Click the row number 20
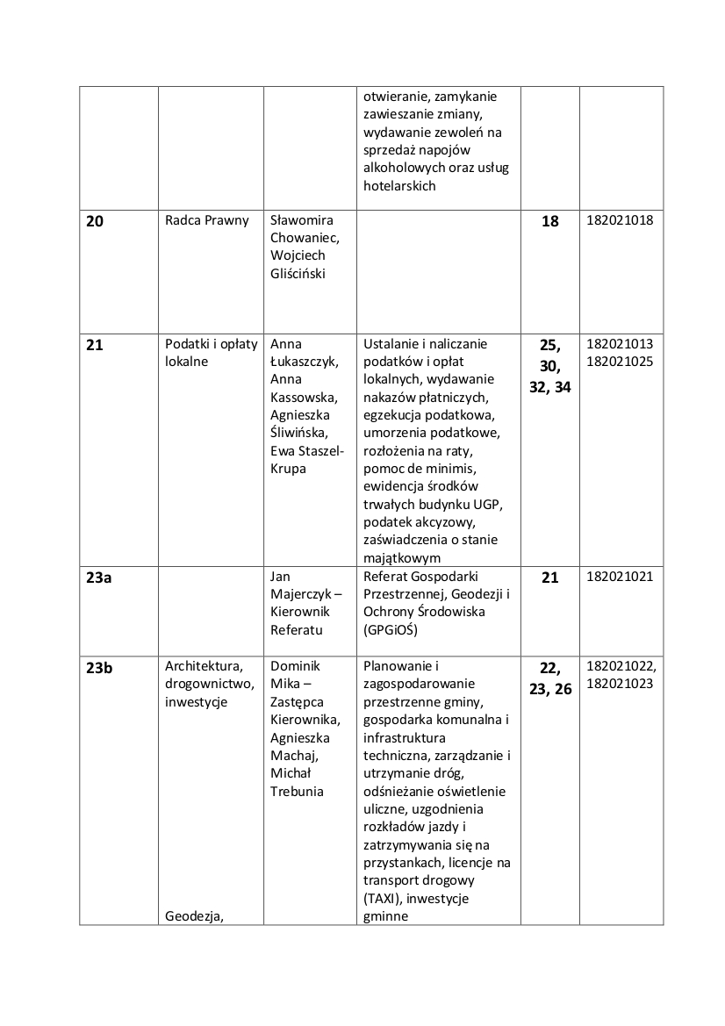(95, 221)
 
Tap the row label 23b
(99, 668)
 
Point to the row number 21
(95, 345)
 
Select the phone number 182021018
(620, 220)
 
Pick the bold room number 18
(550, 221)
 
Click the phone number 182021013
(620, 344)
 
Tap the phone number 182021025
(620, 362)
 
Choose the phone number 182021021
(620, 577)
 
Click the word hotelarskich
(399, 185)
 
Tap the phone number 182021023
(620, 684)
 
